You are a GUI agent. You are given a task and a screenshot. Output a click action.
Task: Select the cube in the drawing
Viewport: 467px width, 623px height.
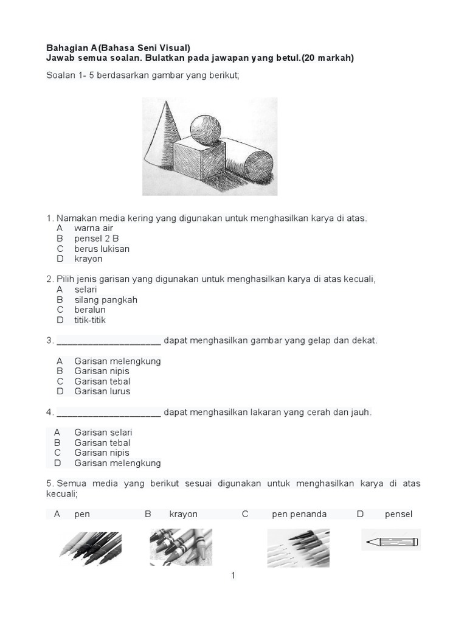[x=200, y=160]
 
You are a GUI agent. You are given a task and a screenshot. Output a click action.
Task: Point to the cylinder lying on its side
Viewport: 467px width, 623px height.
[x=249, y=159]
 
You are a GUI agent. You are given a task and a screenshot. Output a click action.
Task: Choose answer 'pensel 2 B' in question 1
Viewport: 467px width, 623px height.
[x=96, y=238]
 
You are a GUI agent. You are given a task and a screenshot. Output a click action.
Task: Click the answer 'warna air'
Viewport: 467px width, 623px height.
[x=94, y=228]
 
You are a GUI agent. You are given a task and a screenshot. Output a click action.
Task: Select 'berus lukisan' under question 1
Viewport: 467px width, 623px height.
[x=102, y=249]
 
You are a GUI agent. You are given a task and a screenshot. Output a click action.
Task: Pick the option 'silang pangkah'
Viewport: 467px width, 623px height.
[x=106, y=300]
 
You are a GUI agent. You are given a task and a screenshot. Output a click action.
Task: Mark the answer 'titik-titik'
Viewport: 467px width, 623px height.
[x=90, y=320]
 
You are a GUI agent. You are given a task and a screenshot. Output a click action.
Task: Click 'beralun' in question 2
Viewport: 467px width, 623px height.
[x=90, y=310]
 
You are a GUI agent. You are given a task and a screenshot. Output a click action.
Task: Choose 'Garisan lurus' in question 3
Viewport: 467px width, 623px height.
[x=102, y=391]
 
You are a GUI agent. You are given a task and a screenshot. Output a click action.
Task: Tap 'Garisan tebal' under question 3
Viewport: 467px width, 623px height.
[x=102, y=381]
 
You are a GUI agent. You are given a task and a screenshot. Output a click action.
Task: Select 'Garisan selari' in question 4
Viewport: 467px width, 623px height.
[x=103, y=433]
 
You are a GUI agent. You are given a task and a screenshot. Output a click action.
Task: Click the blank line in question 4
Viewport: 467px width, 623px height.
[x=109, y=413]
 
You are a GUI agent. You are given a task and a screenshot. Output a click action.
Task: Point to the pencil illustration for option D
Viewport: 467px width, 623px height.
[x=391, y=540]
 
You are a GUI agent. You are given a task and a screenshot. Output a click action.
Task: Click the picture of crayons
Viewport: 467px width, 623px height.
[x=181, y=546]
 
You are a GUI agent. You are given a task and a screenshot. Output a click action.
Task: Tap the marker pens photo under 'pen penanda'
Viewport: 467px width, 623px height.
[x=298, y=548]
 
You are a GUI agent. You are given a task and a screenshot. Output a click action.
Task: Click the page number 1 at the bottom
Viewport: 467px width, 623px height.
[x=233, y=576]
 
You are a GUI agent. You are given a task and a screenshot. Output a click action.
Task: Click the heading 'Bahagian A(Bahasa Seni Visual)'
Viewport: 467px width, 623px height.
[x=119, y=47]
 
